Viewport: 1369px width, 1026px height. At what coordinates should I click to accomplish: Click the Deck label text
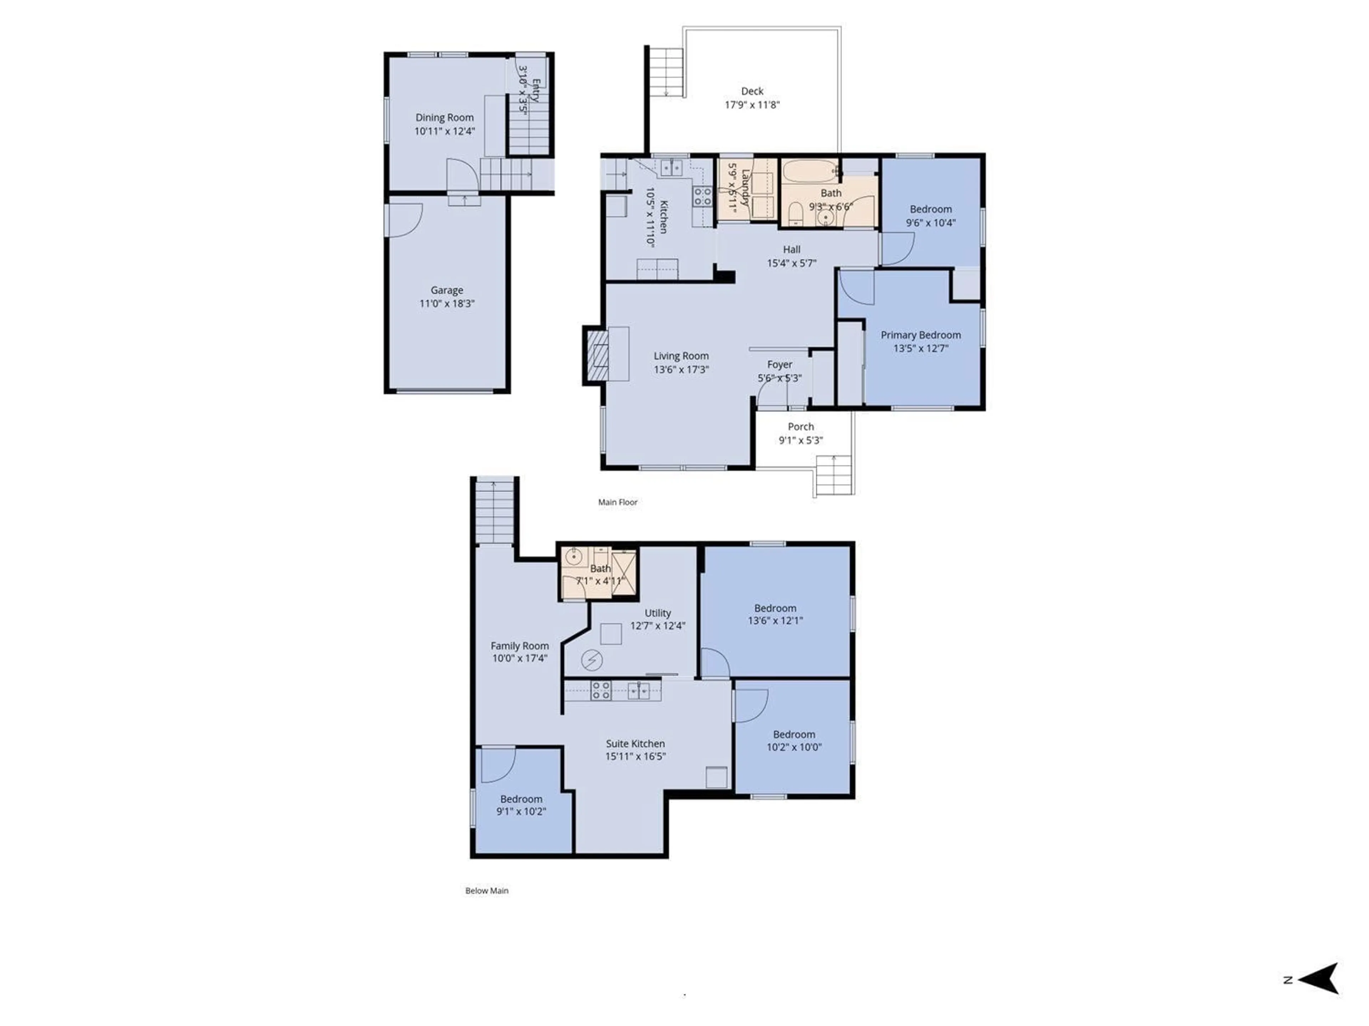752,91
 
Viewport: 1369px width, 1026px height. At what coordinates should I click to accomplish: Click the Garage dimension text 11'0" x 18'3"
447,304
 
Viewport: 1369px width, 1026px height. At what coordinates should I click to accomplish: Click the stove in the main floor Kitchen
702,197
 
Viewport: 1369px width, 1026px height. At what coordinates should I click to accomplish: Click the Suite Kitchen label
635,743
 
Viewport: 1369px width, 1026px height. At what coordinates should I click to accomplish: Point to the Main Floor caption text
617,502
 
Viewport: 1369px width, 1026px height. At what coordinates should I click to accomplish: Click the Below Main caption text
486,891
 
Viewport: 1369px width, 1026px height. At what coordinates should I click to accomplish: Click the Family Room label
519,646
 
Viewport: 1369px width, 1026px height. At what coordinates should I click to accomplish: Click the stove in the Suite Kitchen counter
600,690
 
